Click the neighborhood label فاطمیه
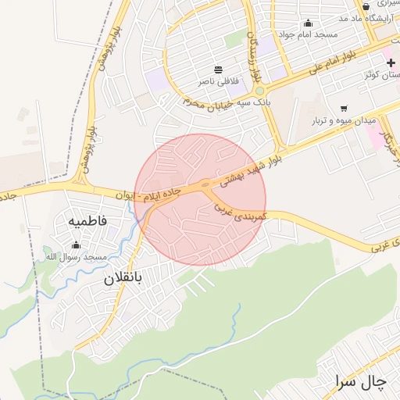98,221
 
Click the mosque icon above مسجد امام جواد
308,23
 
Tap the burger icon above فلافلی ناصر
217,70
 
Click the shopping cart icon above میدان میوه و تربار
344,109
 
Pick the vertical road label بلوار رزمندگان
252,59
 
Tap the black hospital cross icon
390,62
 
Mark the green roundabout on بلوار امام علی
259,91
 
